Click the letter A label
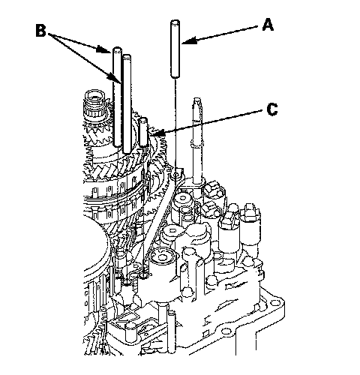(268, 25)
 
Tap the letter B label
(41, 30)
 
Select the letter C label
(272, 109)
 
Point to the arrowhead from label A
(189, 40)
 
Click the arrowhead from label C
(157, 133)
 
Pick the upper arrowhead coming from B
(103, 49)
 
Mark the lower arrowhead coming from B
(114, 78)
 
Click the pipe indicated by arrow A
(175, 49)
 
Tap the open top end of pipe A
(175, 22)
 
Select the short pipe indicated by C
(143, 132)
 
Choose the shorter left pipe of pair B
(117, 97)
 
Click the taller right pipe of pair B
(127, 103)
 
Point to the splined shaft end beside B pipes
(94, 105)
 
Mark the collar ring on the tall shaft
(197, 144)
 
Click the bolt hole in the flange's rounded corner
(276, 303)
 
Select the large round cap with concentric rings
(161, 257)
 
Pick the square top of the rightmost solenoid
(250, 210)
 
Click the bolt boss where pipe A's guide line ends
(176, 173)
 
